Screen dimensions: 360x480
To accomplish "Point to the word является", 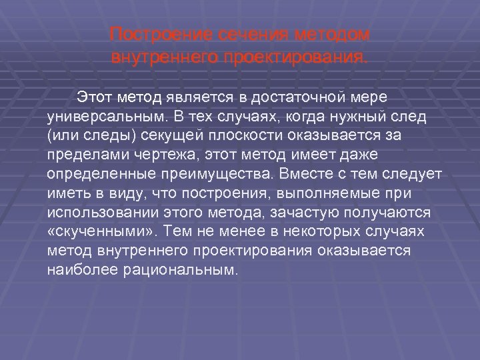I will [x=203, y=98].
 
